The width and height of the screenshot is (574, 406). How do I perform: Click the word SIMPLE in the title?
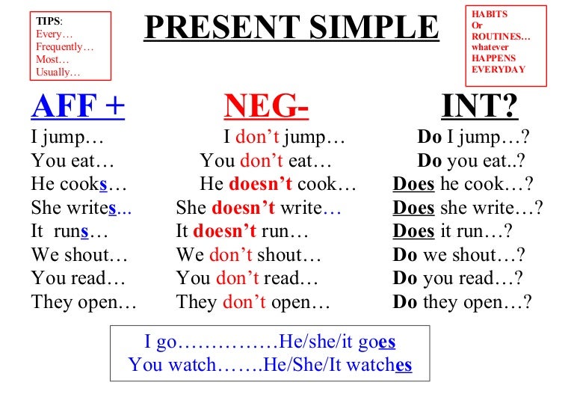(374, 27)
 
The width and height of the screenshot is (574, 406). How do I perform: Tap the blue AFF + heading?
(78, 106)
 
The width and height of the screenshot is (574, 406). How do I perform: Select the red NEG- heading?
(266, 106)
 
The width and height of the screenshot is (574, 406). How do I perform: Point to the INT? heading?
(480, 106)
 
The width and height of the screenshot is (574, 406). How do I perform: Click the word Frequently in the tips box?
(59, 47)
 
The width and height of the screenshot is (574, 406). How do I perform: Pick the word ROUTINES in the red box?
(496, 36)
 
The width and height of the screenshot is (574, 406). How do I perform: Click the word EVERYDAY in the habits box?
(499, 70)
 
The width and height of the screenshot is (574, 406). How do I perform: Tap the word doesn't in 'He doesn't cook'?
(261, 184)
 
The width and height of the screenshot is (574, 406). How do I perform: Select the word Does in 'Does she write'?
(413, 208)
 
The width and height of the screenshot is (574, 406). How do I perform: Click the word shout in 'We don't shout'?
(280, 255)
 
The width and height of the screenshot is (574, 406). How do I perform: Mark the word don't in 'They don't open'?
(244, 302)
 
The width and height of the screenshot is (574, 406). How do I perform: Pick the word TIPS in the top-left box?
(48, 21)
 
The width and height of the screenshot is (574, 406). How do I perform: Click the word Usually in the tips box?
(53, 72)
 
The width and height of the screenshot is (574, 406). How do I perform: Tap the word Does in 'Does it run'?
(413, 231)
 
